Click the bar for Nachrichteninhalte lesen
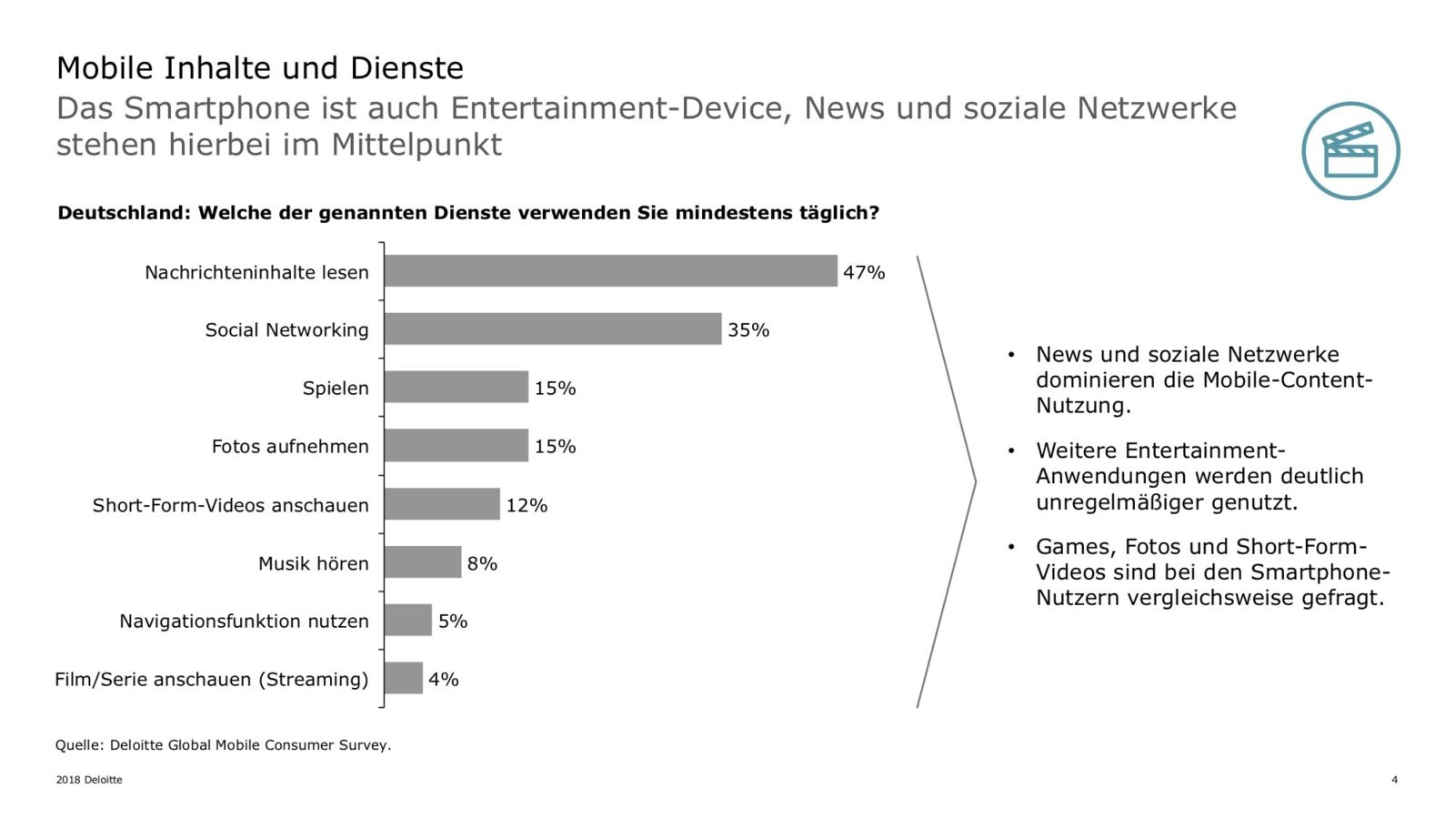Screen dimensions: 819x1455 click(x=610, y=271)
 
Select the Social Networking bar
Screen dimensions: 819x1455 click(x=552, y=329)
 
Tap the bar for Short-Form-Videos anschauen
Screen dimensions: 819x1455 click(x=442, y=504)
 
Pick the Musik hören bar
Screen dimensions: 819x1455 click(x=423, y=562)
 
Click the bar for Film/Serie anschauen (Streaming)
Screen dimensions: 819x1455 click(x=404, y=678)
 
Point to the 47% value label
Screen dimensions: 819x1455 click(x=863, y=272)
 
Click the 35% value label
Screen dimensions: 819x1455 click(x=748, y=330)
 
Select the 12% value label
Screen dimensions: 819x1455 click(x=527, y=505)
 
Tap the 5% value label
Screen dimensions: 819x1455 click(x=453, y=622)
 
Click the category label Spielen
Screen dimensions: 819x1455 click(x=336, y=389)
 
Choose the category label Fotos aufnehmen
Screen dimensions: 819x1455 click(x=290, y=447)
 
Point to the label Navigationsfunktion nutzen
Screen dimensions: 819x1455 click(x=244, y=622)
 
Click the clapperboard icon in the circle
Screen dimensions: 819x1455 click(x=1350, y=151)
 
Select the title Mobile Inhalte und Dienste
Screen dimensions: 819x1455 click(x=260, y=68)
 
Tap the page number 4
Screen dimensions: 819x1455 click(x=1394, y=780)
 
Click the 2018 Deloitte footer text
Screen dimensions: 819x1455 click(x=89, y=780)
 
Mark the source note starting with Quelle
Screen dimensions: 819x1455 click(x=223, y=745)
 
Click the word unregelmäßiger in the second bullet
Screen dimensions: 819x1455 click(x=1121, y=502)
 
